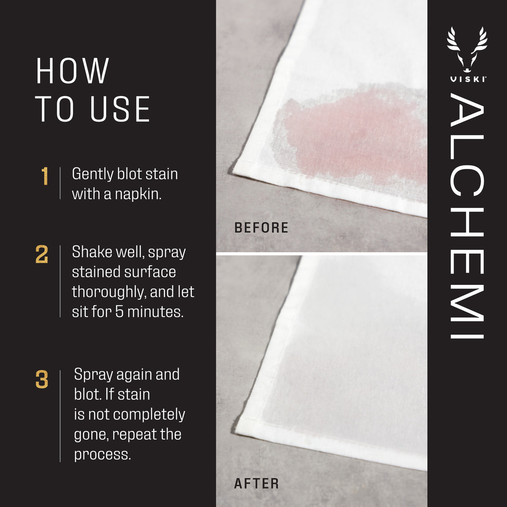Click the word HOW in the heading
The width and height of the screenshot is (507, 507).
[x=73, y=71]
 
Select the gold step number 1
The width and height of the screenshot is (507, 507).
[x=45, y=176]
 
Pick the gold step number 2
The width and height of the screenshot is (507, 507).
[x=42, y=254]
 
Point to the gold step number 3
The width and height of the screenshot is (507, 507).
[x=42, y=380]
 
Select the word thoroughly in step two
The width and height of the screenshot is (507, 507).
[x=109, y=292]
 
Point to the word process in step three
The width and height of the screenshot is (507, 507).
[x=102, y=455]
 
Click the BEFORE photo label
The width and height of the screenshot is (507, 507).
[x=261, y=228]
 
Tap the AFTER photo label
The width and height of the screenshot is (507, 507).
[x=256, y=484]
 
